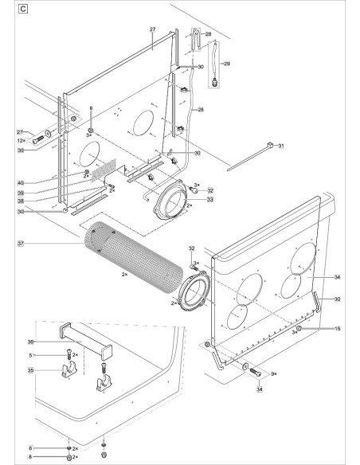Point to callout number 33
(210, 201)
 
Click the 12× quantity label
(22, 140)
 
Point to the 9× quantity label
(272, 373)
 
